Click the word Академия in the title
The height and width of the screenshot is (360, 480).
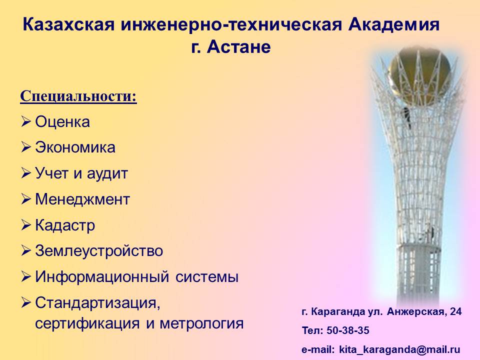point(393,24)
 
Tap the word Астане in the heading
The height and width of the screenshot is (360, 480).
point(239,47)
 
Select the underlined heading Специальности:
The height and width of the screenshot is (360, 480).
point(78,96)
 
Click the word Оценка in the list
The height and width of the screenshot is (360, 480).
point(62,122)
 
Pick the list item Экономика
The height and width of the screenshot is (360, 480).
point(75,147)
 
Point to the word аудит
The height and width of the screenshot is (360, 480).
point(107,174)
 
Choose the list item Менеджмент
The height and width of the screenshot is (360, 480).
point(82,199)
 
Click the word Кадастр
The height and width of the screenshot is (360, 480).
point(65,225)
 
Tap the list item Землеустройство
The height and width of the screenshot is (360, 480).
point(99,251)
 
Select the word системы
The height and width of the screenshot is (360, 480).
point(207,277)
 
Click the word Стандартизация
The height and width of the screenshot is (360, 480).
point(97,303)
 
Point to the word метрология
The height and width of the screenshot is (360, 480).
point(201,324)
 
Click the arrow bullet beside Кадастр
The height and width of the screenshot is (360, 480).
point(26,225)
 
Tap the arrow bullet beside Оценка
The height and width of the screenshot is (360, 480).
point(26,121)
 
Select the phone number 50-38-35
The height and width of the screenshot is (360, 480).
point(348,330)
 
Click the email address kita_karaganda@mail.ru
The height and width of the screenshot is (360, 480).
point(399,349)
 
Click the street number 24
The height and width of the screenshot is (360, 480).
point(456,311)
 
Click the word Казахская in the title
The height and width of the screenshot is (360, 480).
point(68,24)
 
